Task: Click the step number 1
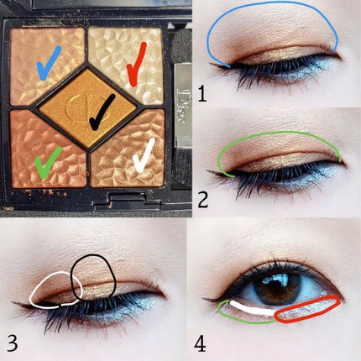pos(201,94)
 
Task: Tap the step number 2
pos(203,199)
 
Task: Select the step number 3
pos(13,343)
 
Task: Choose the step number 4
pos(200,343)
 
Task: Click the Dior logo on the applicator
pos(180,106)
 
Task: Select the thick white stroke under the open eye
pos(252,309)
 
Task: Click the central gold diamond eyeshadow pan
pos(87,108)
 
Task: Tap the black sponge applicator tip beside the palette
pos(181,48)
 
